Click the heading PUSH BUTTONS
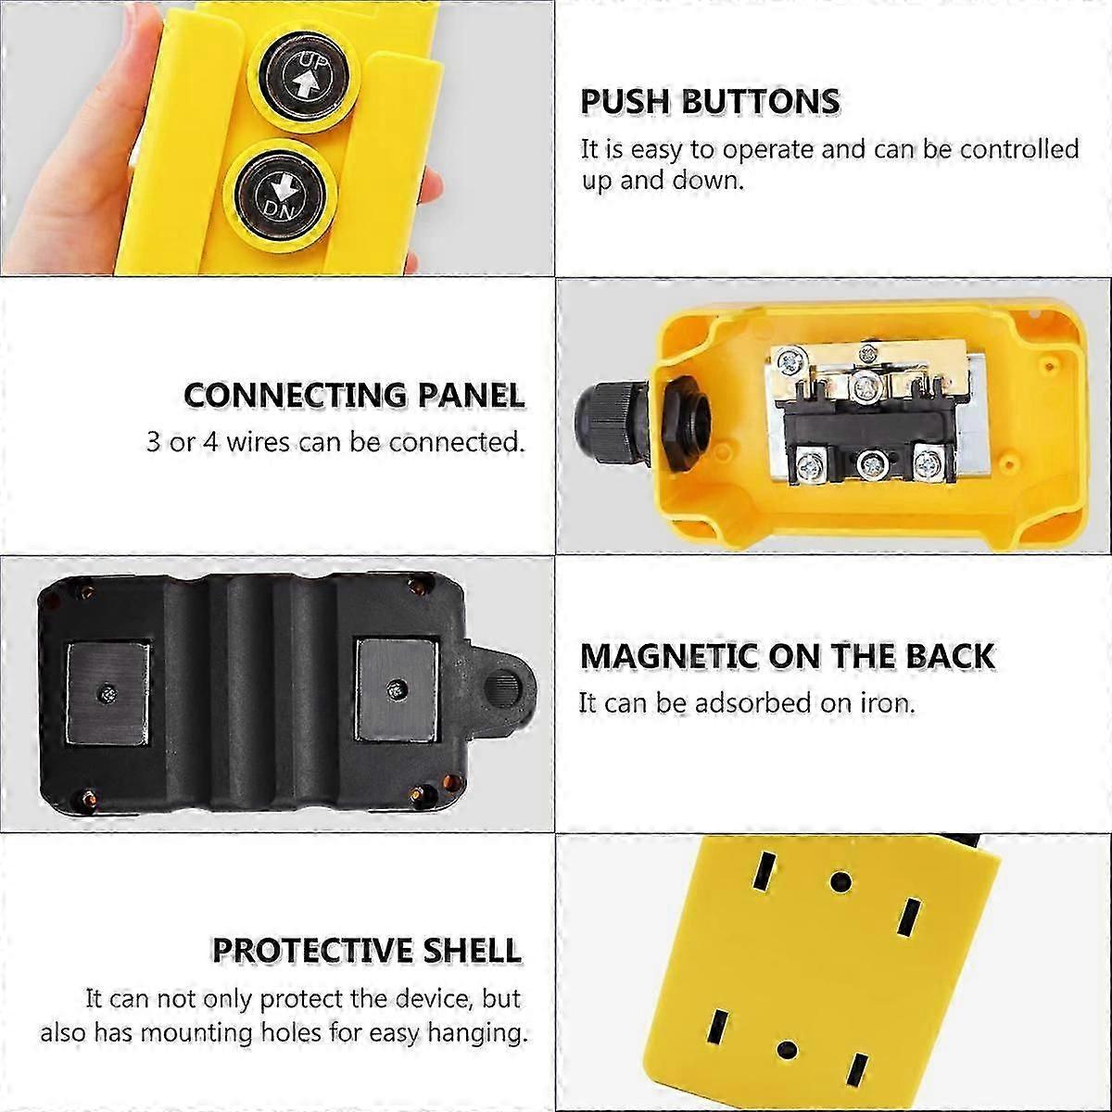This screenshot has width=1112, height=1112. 710,102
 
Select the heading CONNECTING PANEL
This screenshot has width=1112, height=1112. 354,395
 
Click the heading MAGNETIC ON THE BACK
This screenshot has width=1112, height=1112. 787,656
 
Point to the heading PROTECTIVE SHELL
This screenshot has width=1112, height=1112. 367,951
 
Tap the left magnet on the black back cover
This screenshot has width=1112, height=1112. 108,692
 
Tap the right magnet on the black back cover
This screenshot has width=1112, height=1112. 398,689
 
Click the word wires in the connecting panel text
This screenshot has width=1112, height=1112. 258,442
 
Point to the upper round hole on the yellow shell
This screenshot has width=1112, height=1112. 840,881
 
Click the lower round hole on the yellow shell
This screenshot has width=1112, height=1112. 788,1050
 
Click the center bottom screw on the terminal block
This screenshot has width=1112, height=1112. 870,463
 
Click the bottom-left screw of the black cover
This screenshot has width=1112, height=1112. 90,797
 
